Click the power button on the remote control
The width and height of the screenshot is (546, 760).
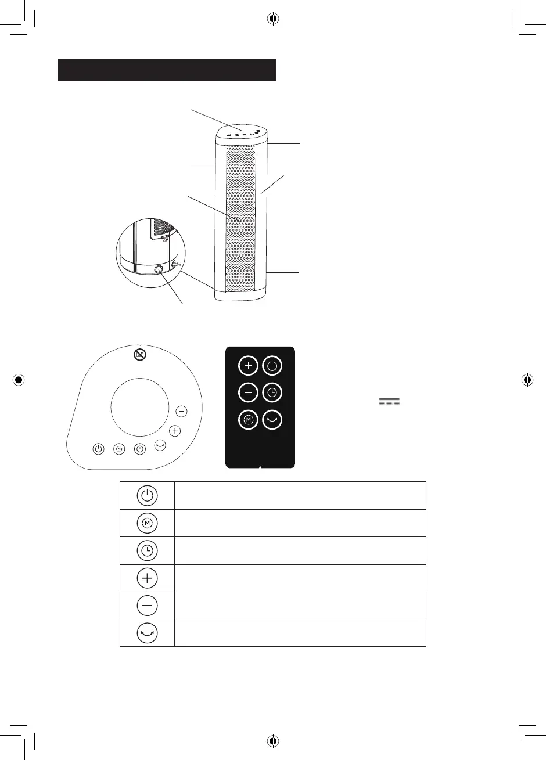[272, 366]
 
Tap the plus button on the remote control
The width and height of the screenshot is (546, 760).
[247, 366]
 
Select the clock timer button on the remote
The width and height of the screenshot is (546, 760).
[272, 393]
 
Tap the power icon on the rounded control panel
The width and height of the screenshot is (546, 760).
[99, 449]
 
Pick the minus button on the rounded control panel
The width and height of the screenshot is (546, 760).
[182, 411]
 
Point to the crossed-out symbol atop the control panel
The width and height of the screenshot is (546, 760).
[139, 354]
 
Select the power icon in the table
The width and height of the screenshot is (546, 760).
[148, 496]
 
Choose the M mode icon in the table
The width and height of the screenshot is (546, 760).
[148, 523]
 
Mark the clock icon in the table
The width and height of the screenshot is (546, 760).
[148, 550]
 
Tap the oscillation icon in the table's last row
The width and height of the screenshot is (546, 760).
[148, 633]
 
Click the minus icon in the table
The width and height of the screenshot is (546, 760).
[148, 606]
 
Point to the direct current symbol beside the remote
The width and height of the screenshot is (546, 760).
[390, 402]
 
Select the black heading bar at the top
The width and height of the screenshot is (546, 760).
[166, 70]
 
